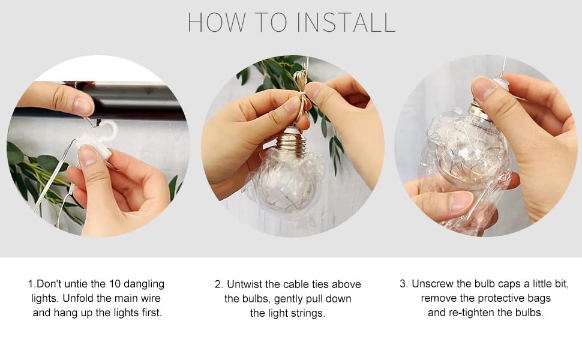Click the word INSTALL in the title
coord(346,23)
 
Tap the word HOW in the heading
coord(216,23)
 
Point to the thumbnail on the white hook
coord(88,155)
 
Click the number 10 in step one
coord(115,284)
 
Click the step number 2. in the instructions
coord(219,284)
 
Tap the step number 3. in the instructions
coord(404,284)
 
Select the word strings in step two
coord(307,314)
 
